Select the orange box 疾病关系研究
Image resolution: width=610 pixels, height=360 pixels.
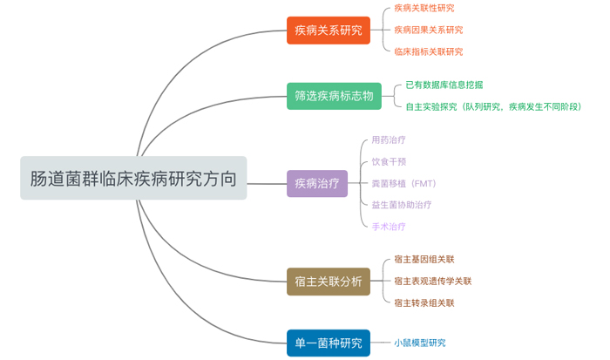pyautogui.click(x=328, y=31)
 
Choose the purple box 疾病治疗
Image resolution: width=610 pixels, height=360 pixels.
pyautogui.click(x=316, y=183)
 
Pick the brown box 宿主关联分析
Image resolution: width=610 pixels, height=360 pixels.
pyautogui.click(x=328, y=281)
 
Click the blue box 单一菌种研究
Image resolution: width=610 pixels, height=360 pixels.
pyautogui.click(x=328, y=343)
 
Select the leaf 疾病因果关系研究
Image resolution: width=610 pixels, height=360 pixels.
pyautogui.click(x=428, y=30)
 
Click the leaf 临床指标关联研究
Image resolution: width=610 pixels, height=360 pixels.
pyautogui.click(x=428, y=51)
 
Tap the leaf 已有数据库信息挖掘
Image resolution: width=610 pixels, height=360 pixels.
pyautogui.click(x=444, y=85)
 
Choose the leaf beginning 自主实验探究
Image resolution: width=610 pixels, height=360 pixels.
pyautogui.click(x=492, y=106)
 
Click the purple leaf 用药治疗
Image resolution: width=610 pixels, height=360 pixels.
pyautogui.click(x=388, y=139)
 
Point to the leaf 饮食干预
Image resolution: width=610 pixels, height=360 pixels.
pyautogui.click(x=388, y=161)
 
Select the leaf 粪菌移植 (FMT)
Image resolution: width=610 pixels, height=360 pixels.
pyautogui.click(x=403, y=183)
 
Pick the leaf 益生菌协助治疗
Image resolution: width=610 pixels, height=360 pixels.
pyautogui.click(x=401, y=205)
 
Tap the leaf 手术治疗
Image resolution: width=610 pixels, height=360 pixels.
pyautogui.click(x=388, y=227)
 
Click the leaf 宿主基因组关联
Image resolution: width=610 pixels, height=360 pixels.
pyautogui.click(x=424, y=259)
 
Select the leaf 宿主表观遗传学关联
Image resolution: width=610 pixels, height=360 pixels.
pyautogui.click(x=432, y=281)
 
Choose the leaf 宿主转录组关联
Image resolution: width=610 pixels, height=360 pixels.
pyautogui.click(x=424, y=302)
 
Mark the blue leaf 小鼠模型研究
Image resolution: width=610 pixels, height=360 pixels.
pyautogui.click(x=419, y=343)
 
